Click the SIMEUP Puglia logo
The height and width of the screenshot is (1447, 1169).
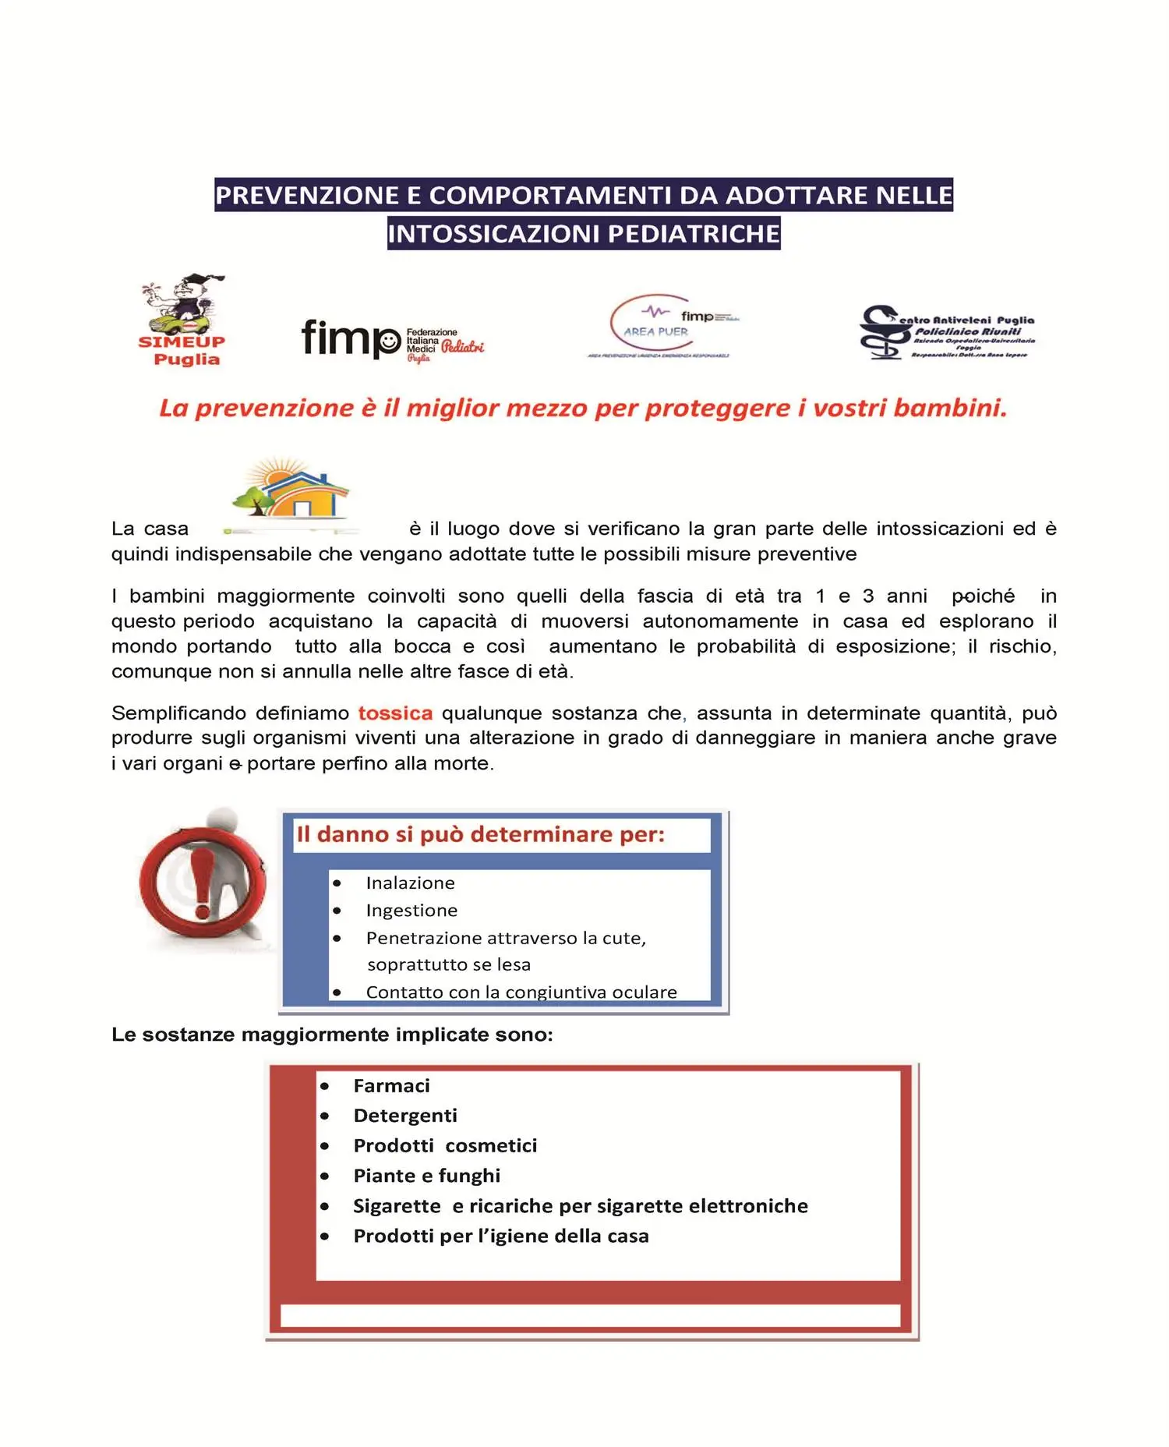pyautogui.click(x=182, y=320)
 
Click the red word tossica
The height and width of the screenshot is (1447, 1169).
pyautogui.click(x=395, y=713)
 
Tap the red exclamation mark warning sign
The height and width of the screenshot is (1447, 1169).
pyautogui.click(x=202, y=882)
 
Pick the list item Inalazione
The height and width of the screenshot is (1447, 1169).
pyautogui.click(x=410, y=883)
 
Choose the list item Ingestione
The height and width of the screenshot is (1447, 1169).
pyautogui.click(x=411, y=911)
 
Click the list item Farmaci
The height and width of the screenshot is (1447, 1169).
pyautogui.click(x=391, y=1086)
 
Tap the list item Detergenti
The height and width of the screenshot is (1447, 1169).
pyautogui.click(x=405, y=1116)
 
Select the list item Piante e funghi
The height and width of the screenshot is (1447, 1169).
pyautogui.click(x=426, y=1176)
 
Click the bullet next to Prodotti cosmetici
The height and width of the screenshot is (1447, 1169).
pyautogui.click(x=324, y=1146)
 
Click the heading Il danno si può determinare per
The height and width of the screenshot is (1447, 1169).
pyautogui.click(x=480, y=835)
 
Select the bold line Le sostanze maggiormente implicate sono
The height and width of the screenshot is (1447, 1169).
pyautogui.click(x=332, y=1035)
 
